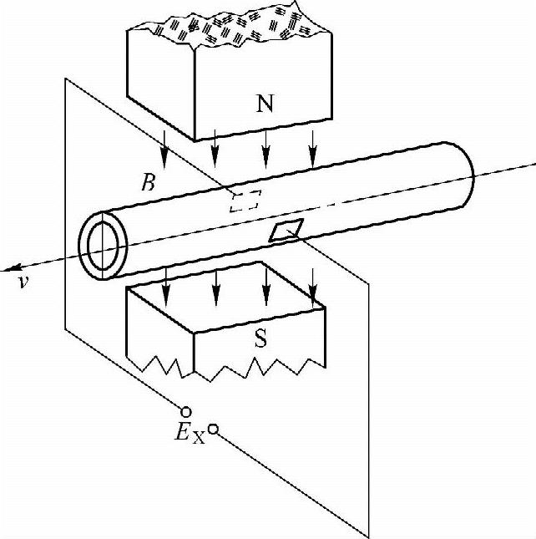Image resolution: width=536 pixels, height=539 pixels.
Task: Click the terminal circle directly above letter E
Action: (x=185, y=411)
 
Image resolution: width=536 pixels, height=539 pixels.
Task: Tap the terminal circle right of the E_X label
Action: (x=213, y=429)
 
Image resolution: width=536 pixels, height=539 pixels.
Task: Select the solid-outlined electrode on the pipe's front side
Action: (x=286, y=231)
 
